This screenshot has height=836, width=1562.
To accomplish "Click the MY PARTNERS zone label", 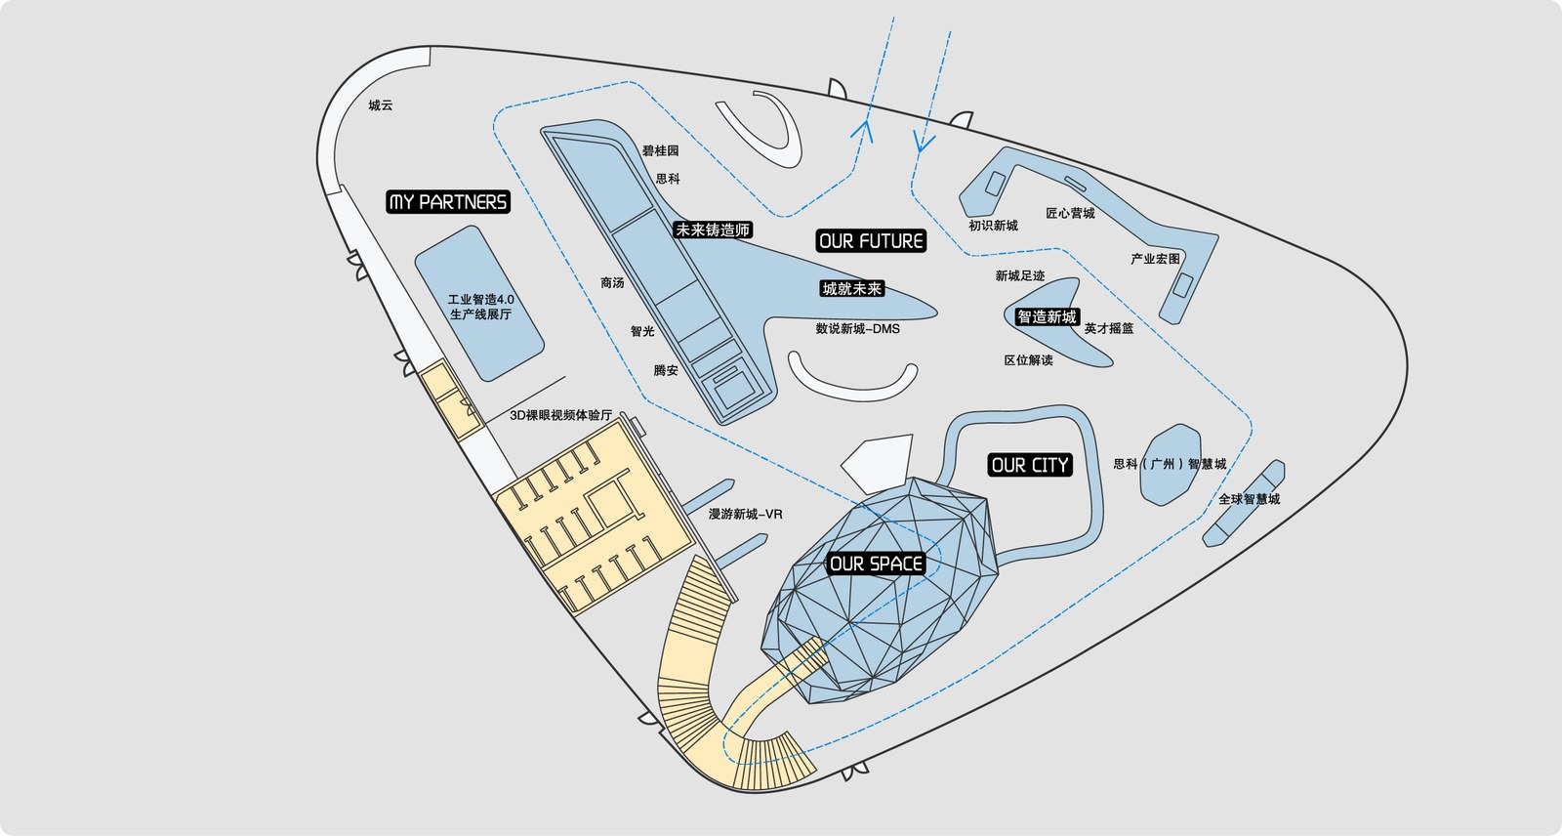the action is pyautogui.click(x=448, y=201).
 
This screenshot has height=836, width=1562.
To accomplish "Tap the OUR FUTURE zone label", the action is pyautogui.click(x=871, y=241).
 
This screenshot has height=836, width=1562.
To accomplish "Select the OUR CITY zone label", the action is pyautogui.click(x=1030, y=465).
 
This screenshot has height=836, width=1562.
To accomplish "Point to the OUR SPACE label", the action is pyautogui.click(x=876, y=564).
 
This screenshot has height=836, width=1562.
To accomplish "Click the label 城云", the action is pyautogui.click(x=381, y=105).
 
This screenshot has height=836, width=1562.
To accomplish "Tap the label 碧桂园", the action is pyautogui.click(x=660, y=150).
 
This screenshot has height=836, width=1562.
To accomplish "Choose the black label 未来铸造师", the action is pyautogui.click(x=713, y=230).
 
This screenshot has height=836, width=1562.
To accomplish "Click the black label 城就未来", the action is pyautogui.click(x=852, y=289).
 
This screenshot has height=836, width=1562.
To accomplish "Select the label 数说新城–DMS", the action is pyautogui.click(x=858, y=329).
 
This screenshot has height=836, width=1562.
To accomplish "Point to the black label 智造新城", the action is pyautogui.click(x=1047, y=316).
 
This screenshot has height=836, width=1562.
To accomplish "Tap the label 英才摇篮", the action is pyautogui.click(x=1109, y=329).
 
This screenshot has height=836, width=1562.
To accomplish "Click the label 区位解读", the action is pyautogui.click(x=1029, y=360).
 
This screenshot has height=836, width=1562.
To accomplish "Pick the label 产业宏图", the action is pyautogui.click(x=1156, y=259).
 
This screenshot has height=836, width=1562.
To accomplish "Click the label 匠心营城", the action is pyautogui.click(x=1070, y=214).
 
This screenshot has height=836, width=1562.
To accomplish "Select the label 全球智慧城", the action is pyautogui.click(x=1249, y=499).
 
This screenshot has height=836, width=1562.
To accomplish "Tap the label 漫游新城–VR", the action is pyautogui.click(x=746, y=515).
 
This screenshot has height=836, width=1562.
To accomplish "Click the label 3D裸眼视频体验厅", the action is pyautogui.click(x=560, y=415).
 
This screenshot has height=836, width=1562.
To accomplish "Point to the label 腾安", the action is pyautogui.click(x=666, y=370).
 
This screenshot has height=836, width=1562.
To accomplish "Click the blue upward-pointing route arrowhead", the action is pyautogui.click(x=863, y=131).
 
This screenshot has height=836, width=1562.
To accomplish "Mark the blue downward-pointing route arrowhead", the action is pyautogui.click(x=924, y=142).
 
